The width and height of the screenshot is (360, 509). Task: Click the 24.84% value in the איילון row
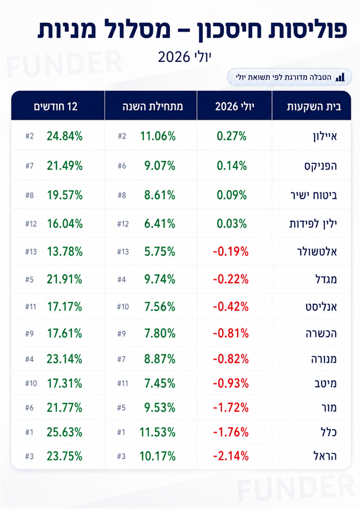[x=65, y=136]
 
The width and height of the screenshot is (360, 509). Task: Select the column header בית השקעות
[x=314, y=107]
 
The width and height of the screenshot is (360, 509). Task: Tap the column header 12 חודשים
[x=56, y=107]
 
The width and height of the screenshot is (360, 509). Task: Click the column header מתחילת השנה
[x=153, y=107]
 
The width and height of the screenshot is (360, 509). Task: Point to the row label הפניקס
[x=320, y=166]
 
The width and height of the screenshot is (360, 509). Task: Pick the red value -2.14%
[x=231, y=456]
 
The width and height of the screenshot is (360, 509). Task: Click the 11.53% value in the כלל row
[x=158, y=432]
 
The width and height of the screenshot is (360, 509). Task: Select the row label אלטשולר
[x=317, y=251]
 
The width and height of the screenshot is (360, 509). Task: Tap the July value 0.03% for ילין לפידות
[x=232, y=223]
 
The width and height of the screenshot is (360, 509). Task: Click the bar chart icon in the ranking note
[x=340, y=77]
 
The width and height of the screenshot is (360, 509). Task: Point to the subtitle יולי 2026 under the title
[x=184, y=57]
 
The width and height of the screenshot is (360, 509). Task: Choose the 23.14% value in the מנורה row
[x=65, y=359]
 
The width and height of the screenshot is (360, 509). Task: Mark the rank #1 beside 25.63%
[x=29, y=433]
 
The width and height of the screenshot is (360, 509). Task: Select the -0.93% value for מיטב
[x=231, y=384]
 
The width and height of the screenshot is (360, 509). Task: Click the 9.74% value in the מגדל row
[x=160, y=279]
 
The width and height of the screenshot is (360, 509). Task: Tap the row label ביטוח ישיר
[x=313, y=195]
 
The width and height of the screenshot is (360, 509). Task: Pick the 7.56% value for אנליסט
[x=160, y=307]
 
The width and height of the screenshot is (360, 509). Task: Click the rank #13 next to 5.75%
[x=123, y=252]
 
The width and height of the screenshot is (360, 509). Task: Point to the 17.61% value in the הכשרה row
[x=65, y=333]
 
